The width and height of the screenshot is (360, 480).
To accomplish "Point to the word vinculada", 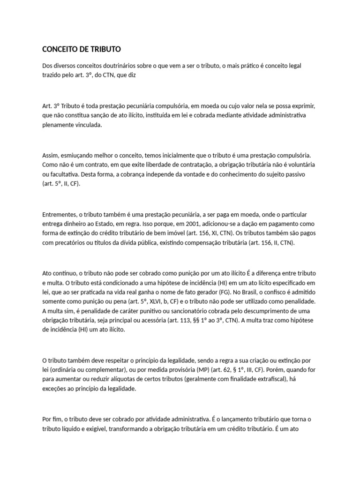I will (x=87, y=125).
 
